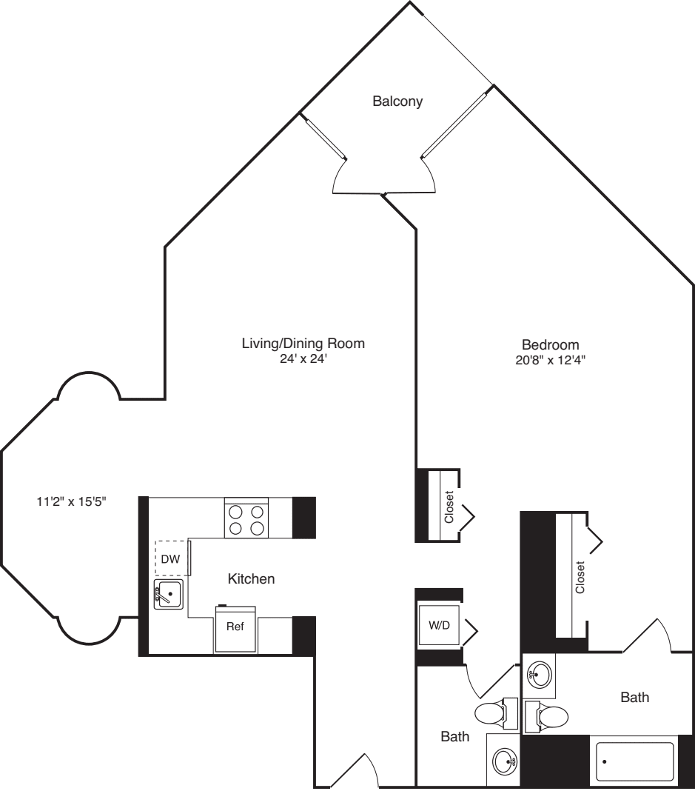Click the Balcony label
coord(397,101)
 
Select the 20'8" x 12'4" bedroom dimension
coord(550,361)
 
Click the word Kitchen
coord(251,579)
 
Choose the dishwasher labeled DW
coord(171,558)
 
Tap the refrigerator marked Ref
coord(235,626)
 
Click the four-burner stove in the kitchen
coord(247,518)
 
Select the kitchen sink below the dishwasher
coord(168,594)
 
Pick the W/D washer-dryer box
coord(439,626)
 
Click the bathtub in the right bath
coord(634,761)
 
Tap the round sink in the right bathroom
coord(540,674)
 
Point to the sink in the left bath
coord(506,760)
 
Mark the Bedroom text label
coord(550,344)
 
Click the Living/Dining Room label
coord(303,344)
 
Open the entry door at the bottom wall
coord(354,774)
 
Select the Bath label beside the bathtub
coord(635,697)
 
